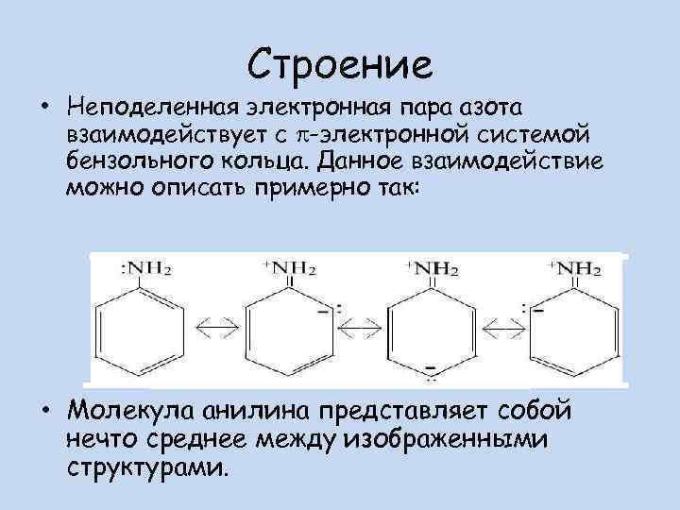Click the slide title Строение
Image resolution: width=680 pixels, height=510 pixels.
[x=341, y=63]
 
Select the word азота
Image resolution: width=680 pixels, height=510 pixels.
[x=483, y=102]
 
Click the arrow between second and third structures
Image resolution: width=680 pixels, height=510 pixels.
[x=359, y=327]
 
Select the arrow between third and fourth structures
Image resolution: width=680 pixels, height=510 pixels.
[x=502, y=327]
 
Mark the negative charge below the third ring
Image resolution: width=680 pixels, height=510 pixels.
[x=431, y=366]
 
